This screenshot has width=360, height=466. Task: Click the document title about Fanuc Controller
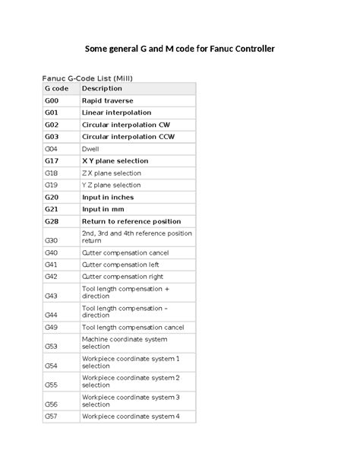[179, 49]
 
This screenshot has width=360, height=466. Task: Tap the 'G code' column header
[57, 89]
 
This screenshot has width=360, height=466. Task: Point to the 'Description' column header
[102, 89]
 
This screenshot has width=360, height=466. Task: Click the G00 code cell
[52, 100]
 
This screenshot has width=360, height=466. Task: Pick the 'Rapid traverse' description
[108, 100]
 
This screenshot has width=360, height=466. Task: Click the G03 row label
[52, 137]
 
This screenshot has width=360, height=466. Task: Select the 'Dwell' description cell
[90, 149]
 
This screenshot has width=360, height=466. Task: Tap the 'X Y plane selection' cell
[115, 161]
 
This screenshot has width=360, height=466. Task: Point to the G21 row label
[52, 208]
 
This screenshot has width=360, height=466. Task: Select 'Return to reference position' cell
[131, 220]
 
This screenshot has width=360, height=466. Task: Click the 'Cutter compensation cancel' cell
[125, 252]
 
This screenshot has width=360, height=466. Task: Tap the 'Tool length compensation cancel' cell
[133, 327]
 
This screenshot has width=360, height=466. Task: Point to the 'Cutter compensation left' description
[120, 265]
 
